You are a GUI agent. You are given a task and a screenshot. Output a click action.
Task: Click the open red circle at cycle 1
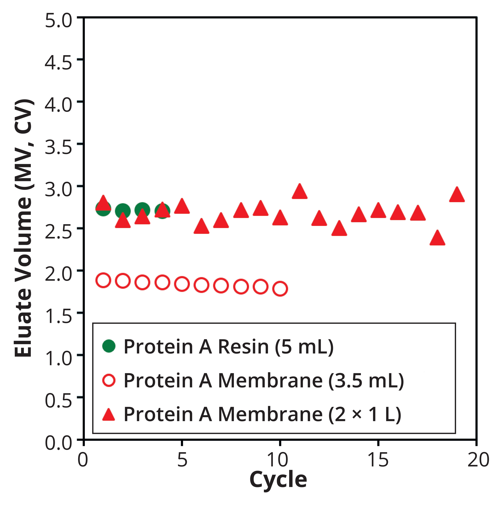point(103,281)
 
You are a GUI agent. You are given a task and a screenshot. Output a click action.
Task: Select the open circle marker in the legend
point(109,380)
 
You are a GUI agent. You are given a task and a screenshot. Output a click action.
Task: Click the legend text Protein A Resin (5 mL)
point(229,347)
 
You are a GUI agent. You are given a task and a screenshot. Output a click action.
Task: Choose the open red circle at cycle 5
point(182,284)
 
